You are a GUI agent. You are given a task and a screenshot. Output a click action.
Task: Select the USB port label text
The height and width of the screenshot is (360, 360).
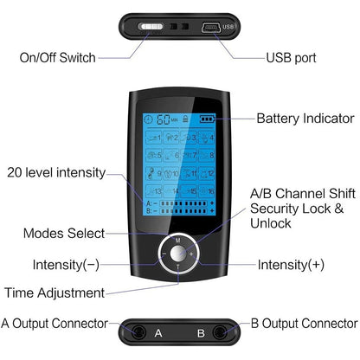pos(291,58)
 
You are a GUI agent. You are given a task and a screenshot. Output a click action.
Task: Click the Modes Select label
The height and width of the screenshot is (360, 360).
pos(64,233)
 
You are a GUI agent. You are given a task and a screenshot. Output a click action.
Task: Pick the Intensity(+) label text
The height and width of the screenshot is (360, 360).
pos(292,263)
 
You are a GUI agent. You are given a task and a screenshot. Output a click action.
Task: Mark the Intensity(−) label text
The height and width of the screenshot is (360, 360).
pos(66,263)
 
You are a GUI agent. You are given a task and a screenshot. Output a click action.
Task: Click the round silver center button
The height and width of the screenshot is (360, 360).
pos(179,254)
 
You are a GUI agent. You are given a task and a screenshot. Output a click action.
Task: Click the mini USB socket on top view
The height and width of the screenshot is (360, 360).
pos(210,26)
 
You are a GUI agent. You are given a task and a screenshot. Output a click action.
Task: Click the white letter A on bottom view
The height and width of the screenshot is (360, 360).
pos(157,331)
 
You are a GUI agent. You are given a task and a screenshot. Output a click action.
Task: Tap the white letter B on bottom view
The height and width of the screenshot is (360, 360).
pos(200,331)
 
